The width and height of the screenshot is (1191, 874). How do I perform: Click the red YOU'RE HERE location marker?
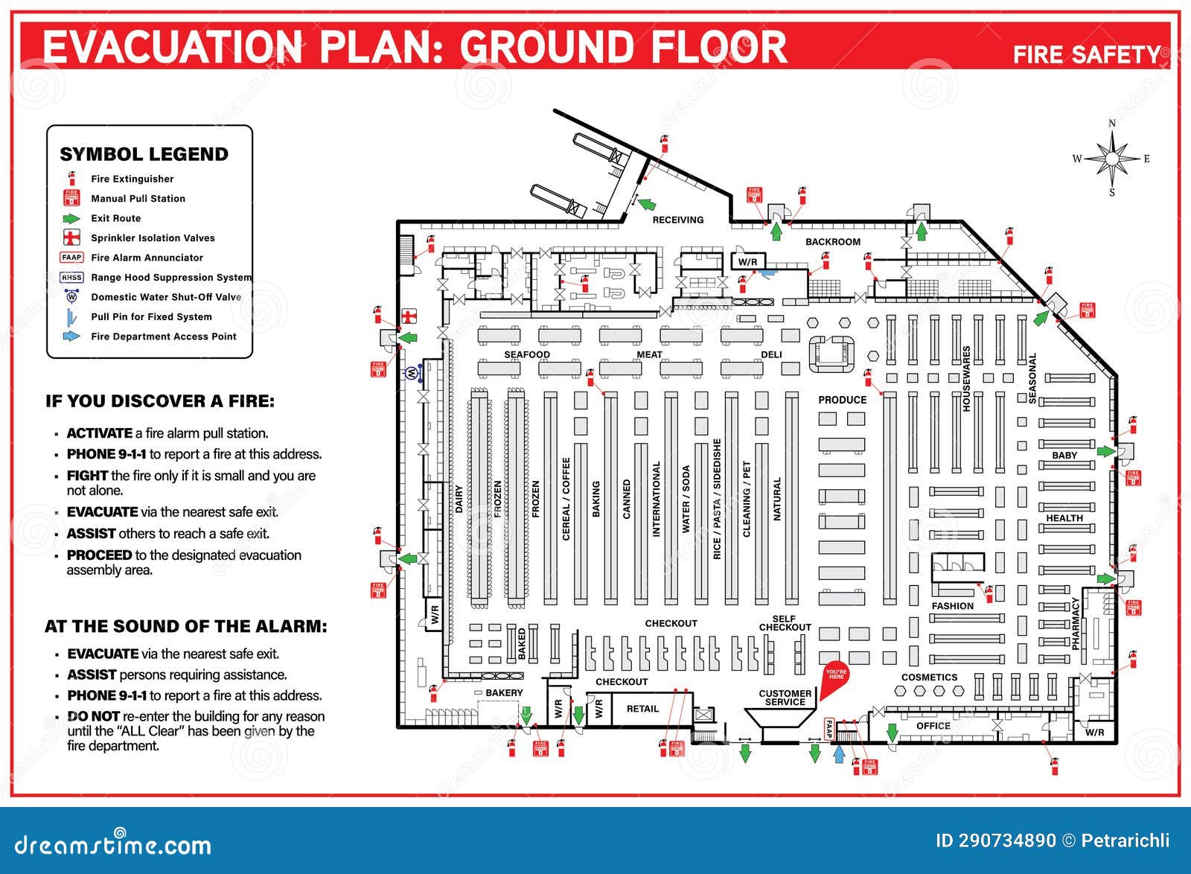(837, 675)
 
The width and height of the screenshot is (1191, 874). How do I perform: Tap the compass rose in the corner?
(1112, 159)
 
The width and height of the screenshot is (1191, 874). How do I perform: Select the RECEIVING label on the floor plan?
(677, 220)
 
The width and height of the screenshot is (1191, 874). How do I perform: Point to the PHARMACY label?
(1076, 623)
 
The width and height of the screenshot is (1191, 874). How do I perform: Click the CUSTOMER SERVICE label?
(785, 698)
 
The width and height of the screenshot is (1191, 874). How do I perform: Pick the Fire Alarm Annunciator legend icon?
(71, 258)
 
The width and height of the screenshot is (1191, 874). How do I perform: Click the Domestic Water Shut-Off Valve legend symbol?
(71, 296)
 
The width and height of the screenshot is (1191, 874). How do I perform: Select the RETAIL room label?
(642, 709)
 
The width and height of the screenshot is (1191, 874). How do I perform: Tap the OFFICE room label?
(933, 726)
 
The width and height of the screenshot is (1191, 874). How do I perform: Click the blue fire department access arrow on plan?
(839, 753)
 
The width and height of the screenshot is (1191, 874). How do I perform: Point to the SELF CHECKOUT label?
(785, 623)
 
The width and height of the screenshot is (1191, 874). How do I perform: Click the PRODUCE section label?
(842, 400)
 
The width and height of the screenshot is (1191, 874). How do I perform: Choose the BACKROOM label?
(832, 242)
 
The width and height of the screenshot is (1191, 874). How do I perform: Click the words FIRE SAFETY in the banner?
(1086, 54)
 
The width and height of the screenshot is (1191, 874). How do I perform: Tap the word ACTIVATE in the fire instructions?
(99, 433)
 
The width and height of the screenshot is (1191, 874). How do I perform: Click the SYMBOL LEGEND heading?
(144, 154)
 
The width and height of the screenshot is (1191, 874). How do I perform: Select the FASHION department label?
(952, 606)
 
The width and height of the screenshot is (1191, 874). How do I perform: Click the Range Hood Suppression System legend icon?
(71, 277)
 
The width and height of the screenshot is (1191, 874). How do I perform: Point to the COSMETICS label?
(929, 677)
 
